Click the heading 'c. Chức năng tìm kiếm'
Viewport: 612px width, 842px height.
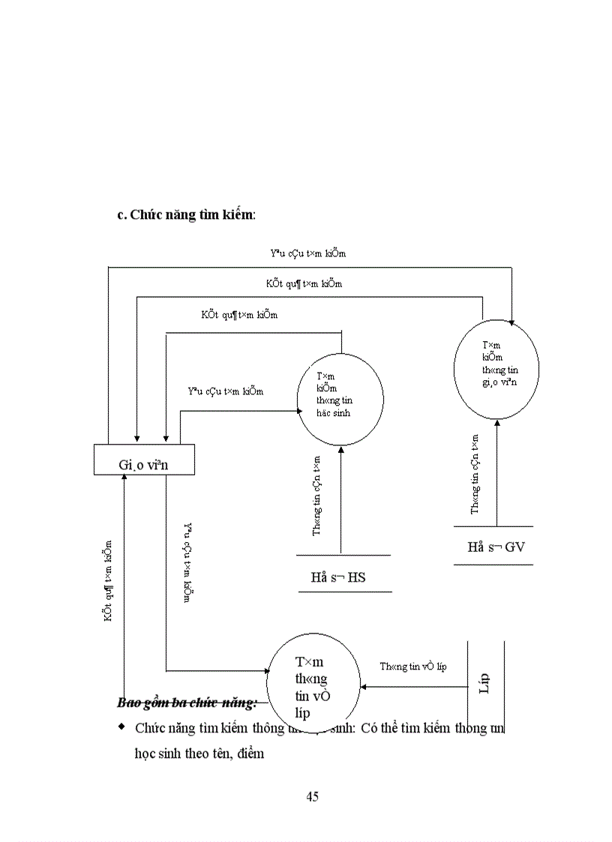186,214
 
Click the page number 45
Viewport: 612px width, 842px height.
313,797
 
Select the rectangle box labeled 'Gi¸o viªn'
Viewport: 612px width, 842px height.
144,460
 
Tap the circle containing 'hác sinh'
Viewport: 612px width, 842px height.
340,396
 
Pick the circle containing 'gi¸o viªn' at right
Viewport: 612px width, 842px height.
496,367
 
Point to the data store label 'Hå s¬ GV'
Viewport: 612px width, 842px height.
496,547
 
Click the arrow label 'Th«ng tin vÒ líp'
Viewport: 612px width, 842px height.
412,666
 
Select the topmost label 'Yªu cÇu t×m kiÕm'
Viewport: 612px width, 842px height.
307,253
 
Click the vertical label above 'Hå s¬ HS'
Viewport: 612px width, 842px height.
316,496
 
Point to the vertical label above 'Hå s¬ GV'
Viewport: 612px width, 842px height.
475,474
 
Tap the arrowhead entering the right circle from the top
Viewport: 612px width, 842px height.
511,322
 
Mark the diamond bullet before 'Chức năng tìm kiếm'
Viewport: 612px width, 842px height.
121,727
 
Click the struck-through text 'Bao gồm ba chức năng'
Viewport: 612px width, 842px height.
187,703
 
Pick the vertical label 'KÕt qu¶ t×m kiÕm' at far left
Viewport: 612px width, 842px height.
109,581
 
